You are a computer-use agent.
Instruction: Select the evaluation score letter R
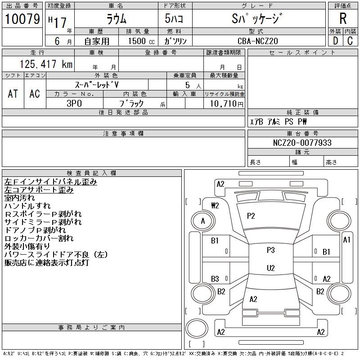pos(343,19)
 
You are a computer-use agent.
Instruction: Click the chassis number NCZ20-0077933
pos(302,143)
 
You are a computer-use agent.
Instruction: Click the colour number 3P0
pos(74,103)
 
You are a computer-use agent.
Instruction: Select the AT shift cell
pos(13,94)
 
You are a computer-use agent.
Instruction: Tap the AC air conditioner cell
pos(35,94)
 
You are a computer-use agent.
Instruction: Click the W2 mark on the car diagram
pos(215,206)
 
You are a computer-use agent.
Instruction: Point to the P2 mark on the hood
pos(251,216)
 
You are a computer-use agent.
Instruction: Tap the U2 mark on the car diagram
pos(270,268)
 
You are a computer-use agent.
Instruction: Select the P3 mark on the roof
pos(270,250)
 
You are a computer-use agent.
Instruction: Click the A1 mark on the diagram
pos(346,240)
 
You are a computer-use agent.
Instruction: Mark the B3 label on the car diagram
pos(215,279)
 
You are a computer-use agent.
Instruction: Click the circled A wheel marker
pos(203,221)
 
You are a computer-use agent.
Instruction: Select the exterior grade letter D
pos(335,41)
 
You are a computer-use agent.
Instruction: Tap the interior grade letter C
pos(350,41)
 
